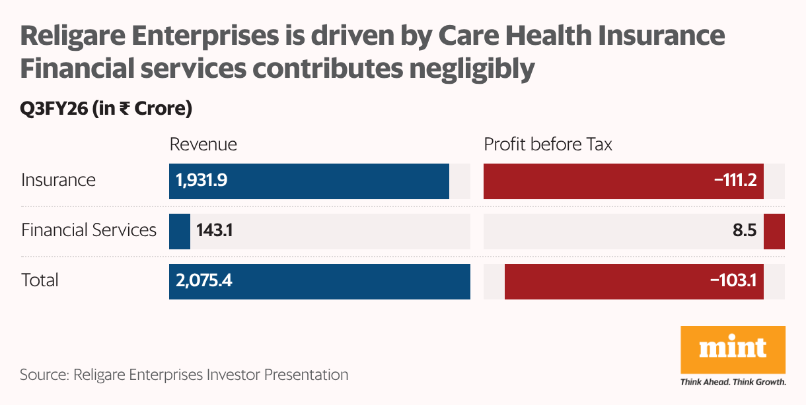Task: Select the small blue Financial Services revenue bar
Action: click(180, 231)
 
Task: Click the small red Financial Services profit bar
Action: click(774, 231)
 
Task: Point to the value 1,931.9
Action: click(201, 180)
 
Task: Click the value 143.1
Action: click(215, 230)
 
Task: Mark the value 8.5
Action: click(745, 230)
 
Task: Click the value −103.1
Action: click(733, 280)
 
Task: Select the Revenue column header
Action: click(203, 144)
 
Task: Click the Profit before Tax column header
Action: click(548, 144)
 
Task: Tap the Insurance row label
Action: click(58, 180)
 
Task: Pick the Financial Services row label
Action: click(89, 230)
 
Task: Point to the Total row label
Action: click(40, 280)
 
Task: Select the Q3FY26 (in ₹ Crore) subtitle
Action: click(106, 109)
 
